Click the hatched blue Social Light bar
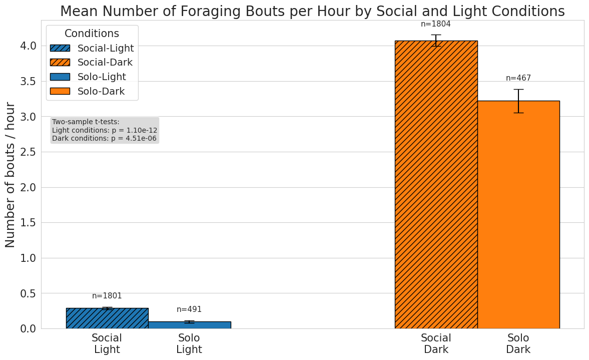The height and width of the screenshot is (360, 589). [x=107, y=318]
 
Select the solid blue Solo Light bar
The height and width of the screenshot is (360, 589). [x=189, y=325]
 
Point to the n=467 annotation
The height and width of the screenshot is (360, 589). [x=518, y=78]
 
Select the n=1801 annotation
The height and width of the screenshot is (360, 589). [x=107, y=296]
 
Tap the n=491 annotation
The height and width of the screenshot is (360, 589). [x=189, y=309]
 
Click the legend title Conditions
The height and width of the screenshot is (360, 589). [x=92, y=34]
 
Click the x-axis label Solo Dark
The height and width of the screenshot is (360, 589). [x=518, y=343]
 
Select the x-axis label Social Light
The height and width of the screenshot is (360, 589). [x=107, y=343]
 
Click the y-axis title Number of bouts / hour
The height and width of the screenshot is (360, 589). [x=11, y=174]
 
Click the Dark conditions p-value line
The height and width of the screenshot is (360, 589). [x=104, y=138]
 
